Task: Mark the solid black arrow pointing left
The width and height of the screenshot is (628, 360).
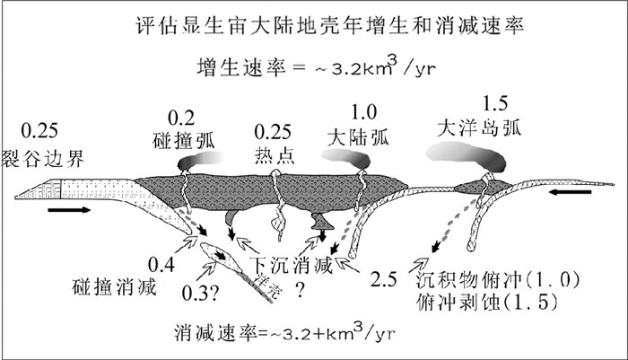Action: coord(570,192)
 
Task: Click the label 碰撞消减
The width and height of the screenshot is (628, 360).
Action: coord(113,287)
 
